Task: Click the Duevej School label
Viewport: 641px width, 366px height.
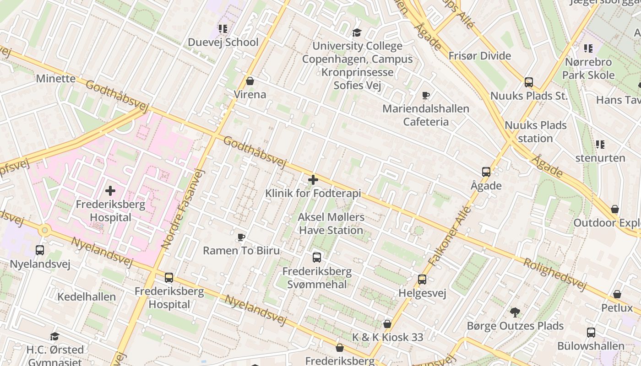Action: (x=223, y=42)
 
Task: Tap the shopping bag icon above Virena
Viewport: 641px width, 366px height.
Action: (x=250, y=81)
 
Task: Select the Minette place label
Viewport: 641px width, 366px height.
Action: (x=56, y=78)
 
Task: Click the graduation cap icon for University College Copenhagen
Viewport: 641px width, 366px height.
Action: (x=357, y=32)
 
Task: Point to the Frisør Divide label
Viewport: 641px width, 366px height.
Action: (x=479, y=56)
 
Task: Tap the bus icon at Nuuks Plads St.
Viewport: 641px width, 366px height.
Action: (x=529, y=82)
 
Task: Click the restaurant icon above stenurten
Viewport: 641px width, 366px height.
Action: (x=600, y=145)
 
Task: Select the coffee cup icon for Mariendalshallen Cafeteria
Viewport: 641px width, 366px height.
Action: (x=426, y=95)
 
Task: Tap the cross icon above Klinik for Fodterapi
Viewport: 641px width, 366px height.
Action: (x=313, y=180)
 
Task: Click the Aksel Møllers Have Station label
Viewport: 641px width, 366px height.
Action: (x=331, y=223)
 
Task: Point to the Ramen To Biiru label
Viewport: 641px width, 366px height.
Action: (x=241, y=250)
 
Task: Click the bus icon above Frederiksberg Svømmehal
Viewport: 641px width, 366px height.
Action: (x=317, y=257)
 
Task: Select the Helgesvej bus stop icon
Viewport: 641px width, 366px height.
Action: (x=422, y=279)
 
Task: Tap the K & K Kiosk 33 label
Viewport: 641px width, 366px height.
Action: (x=387, y=337)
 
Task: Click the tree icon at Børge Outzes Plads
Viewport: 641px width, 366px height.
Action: (x=515, y=312)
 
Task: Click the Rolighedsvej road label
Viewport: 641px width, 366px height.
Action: (x=554, y=274)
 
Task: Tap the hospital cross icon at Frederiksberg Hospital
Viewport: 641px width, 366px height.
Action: (x=110, y=191)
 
